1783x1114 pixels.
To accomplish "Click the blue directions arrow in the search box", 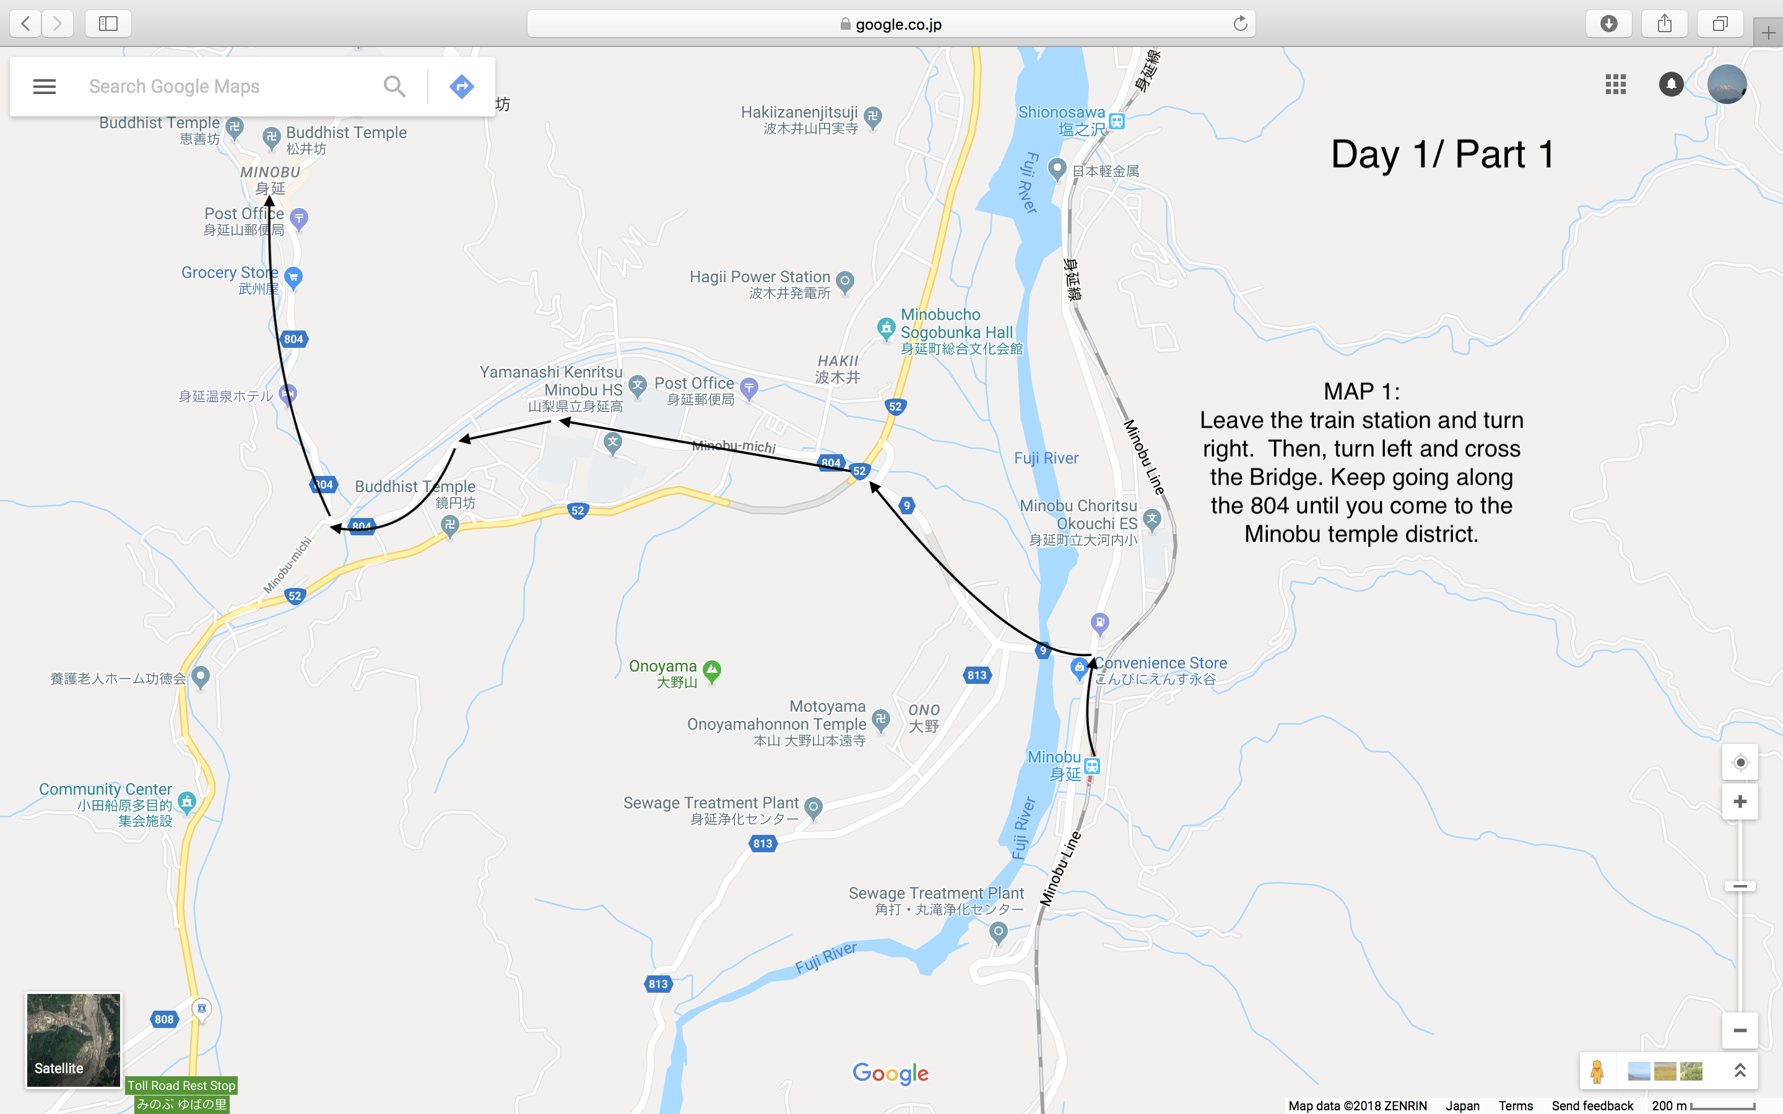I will tap(461, 86).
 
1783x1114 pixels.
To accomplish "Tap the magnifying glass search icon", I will tap(394, 86).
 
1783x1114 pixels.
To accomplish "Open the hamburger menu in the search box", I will tap(44, 86).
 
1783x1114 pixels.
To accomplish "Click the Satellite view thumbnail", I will tap(73, 1040).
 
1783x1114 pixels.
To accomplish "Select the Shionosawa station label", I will tap(1061, 113).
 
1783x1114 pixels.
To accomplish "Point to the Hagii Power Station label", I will tap(760, 277).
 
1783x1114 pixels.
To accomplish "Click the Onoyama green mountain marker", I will tap(712, 670).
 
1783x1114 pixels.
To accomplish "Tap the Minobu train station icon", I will tap(1092, 766).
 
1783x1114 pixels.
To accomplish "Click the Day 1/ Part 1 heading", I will tap(1442, 155).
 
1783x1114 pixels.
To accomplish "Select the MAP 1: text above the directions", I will tap(1361, 391).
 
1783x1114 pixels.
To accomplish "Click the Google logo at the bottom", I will tap(890, 1073).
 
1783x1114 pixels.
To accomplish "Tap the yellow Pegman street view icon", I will tap(1597, 1071).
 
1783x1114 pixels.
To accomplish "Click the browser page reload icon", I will tap(1240, 24).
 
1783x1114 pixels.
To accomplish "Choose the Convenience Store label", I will tap(1161, 663).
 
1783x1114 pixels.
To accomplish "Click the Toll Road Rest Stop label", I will tap(181, 1086).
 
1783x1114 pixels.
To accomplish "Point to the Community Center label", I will tap(105, 789).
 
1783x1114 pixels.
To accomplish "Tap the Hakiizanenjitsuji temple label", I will tap(799, 113).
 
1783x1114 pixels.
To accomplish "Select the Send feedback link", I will tap(1592, 1105).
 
